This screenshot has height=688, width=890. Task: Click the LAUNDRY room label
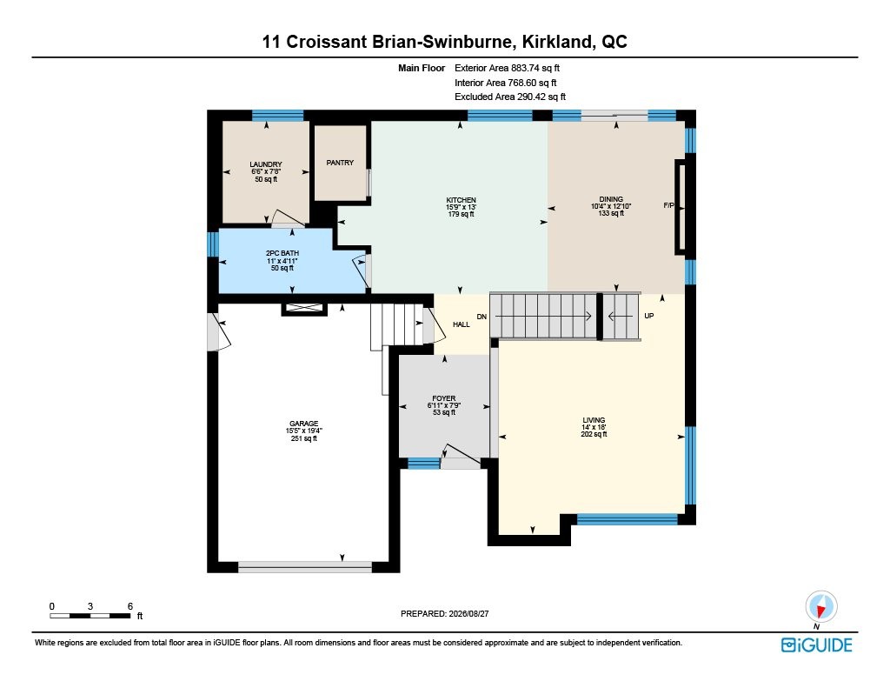(x=266, y=164)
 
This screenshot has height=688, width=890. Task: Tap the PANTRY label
(x=340, y=163)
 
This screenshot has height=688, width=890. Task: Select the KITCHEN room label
(x=461, y=200)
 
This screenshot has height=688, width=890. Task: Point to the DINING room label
(x=611, y=199)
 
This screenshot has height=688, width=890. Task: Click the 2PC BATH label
(x=282, y=253)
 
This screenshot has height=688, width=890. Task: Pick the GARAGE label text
(x=303, y=424)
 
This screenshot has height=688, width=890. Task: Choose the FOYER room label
(x=444, y=399)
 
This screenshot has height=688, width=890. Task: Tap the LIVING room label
(x=594, y=420)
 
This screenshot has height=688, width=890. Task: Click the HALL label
(x=462, y=324)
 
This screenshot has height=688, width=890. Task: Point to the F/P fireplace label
(x=668, y=205)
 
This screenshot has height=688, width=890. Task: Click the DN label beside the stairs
(x=482, y=317)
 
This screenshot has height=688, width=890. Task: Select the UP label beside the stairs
(x=648, y=316)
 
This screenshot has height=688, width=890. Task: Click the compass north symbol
(x=820, y=607)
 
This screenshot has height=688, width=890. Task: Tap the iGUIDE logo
(x=817, y=645)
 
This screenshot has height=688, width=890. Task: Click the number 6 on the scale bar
(x=130, y=606)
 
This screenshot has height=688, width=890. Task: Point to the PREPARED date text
(x=444, y=613)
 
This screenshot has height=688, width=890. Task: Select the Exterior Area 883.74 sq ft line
(x=507, y=68)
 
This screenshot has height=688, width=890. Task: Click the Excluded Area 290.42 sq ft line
(x=509, y=97)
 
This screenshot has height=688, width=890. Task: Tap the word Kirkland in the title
(x=557, y=42)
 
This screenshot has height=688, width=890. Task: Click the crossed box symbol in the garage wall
(x=304, y=308)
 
